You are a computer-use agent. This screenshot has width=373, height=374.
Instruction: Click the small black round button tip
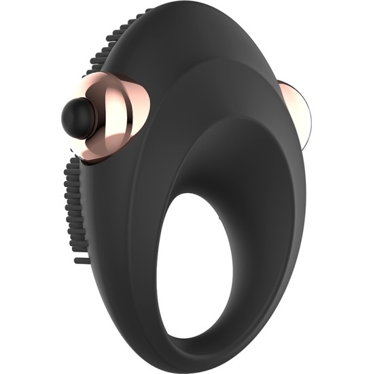[x=73, y=115]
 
